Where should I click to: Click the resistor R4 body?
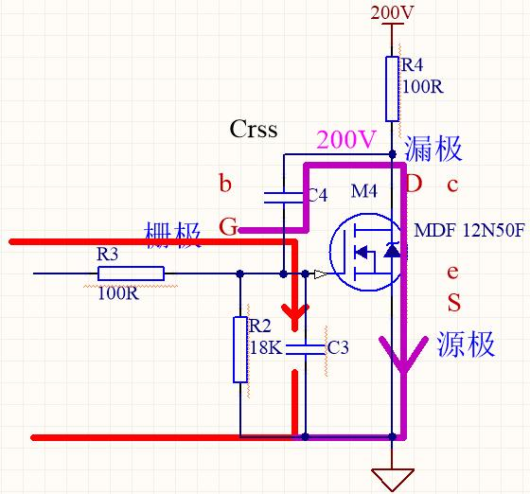click(392, 89)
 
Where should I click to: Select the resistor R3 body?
click(132, 273)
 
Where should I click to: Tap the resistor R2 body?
click(240, 350)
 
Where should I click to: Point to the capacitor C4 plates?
click(283, 198)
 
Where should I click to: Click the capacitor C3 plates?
click(305, 349)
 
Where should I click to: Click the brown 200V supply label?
click(392, 13)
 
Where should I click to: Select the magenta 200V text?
click(346, 139)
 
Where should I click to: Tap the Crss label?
click(254, 129)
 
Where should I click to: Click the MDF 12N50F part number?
click(469, 231)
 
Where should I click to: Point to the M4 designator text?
click(364, 191)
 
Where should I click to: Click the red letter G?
click(228, 226)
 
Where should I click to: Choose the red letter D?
click(415, 184)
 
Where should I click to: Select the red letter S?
click(454, 303)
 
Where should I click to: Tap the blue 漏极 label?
click(433, 149)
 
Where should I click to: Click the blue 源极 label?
click(466, 344)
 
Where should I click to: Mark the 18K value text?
click(266, 347)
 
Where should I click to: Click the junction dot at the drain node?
click(392, 154)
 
